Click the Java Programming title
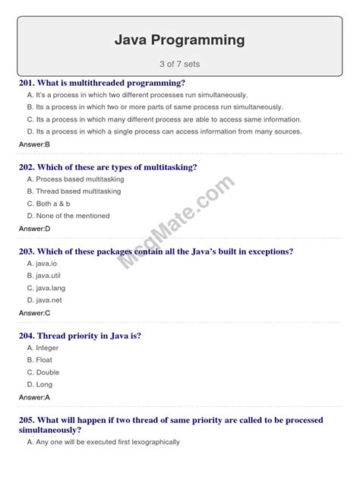pyautogui.click(x=180, y=39)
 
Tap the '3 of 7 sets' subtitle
pyautogui.click(x=180, y=64)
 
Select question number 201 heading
pyautogui.click(x=103, y=83)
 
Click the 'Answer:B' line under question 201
pyautogui.click(x=34, y=144)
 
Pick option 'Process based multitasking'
pyautogui.click(x=75, y=179)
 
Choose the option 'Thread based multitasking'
pyautogui.click(x=74, y=191)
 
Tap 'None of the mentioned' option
pyautogui.click(x=68, y=216)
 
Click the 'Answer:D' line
pyautogui.click(x=34, y=228)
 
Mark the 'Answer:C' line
pyautogui.click(x=34, y=312)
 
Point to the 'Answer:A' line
pyautogui.click(x=34, y=396)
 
